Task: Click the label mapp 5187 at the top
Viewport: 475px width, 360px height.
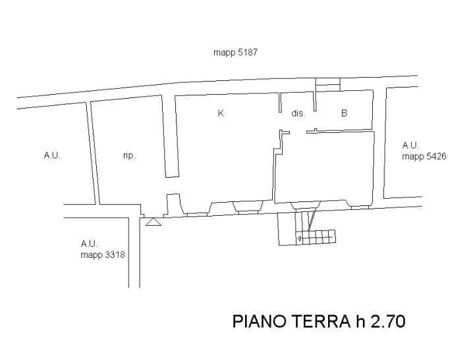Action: pyautogui.click(x=235, y=53)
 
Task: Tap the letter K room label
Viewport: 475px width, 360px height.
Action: pyautogui.click(x=221, y=113)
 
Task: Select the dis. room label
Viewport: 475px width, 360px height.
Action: pyautogui.click(x=298, y=113)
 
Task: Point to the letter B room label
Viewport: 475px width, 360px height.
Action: pyautogui.click(x=344, y=113)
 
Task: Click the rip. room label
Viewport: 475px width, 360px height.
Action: pyautogui.click(x=129, y=156)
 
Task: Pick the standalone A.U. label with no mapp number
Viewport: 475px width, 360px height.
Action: pyautogui.click(x=52, y=156)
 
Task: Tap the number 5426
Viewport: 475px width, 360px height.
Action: pyautogui.click(x=437, y=157)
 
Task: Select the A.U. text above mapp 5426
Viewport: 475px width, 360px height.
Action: pyautogui.click(x=410, y=145)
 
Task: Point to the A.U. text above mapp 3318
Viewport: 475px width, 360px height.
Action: pyautogui.click(x=89, y=244)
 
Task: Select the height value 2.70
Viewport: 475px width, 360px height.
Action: pyautogui.click(x=387, y=322)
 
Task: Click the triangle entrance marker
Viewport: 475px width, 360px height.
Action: pyautogui.click(x=154, y=223)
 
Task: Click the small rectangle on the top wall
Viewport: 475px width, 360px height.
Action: pyautogui.click(x=327, y=84)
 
